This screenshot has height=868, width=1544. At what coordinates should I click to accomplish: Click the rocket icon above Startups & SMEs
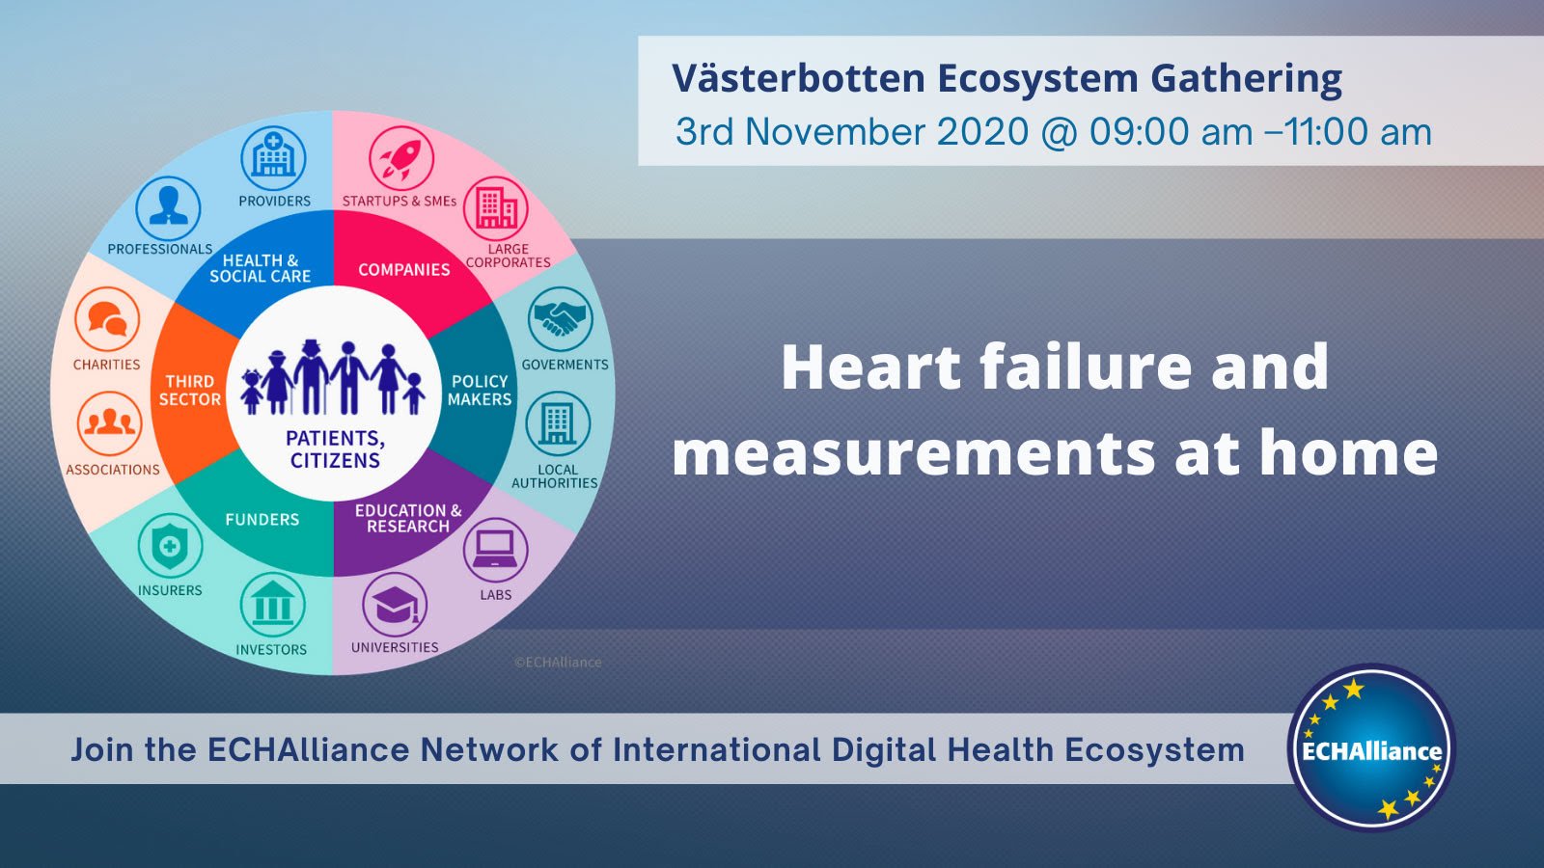pyautogui.click(x=401, y=158)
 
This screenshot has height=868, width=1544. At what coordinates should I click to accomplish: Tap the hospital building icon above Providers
pyautogui.click(x=274, y=158)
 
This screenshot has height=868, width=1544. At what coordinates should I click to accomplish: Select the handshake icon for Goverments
pyautogui.click(x=561, y=319)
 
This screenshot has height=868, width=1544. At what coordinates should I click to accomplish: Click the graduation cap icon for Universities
pyautogui.click(x=395, y=605)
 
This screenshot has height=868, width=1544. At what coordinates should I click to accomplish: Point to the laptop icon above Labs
pyautogui.click(x=496, y=551)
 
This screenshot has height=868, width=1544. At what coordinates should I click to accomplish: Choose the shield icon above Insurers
pyautogui.click(x=170, y=546)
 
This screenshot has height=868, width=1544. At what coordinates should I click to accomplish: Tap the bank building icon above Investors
pyautogui.click(x=273, y=604)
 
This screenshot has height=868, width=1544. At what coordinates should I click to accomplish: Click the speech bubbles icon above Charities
pyautogui.click(x=107, y=319)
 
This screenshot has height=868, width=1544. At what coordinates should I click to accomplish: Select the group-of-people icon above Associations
pyautogui.click(x=110, y=423)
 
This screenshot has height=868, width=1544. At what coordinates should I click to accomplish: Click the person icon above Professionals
pyautogui.click(x=168, y=208)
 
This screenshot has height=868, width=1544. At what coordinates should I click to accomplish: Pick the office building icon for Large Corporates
pyautogui.click(x=496, y=208)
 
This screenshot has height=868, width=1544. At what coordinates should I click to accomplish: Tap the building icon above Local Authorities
pyautogui.click(x=559, y=423)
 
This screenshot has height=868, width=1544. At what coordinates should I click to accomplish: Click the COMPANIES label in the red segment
pyautogui.click(x=404, y=269)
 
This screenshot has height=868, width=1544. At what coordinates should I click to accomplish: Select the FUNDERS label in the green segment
pyautogui.click(x=262, y=520)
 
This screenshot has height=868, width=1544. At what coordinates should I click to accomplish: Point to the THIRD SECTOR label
pyautogui.click(x=189, y=390)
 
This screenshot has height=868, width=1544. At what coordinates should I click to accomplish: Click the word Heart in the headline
pyautogui.click(x=871, y=366)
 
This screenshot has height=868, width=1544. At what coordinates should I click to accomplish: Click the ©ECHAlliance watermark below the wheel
pyautogui.click(x=558, y=662)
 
